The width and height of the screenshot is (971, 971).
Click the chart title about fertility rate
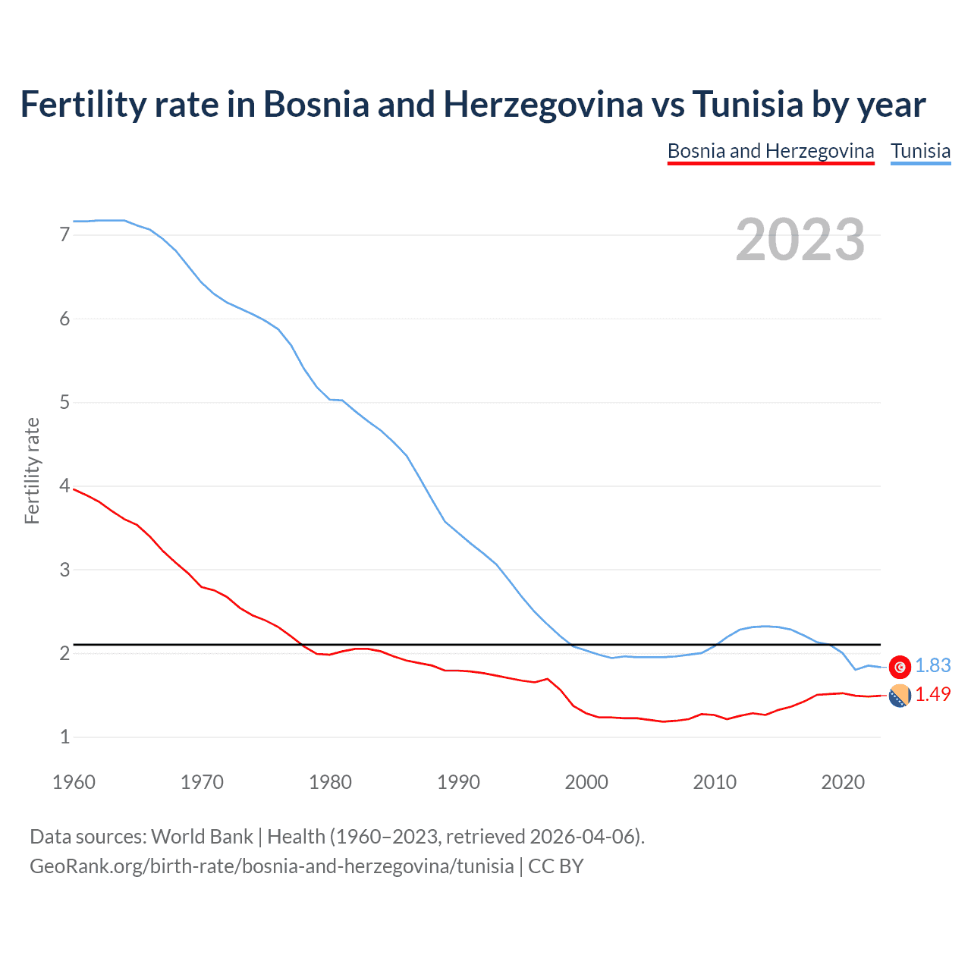[x=473, y=104]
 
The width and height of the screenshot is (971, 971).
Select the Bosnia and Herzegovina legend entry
[x=771, y=151]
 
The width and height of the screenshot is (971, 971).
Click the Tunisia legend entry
[x=920, y=151]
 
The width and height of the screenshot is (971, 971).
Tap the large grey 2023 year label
[x=800, y=240]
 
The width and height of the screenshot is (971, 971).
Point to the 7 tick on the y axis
[x=64, y=235]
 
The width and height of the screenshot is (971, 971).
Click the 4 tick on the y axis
[x=64, y=485]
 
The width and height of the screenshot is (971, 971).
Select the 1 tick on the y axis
[x=64, y=737]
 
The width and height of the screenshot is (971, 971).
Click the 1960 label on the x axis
[x=74, y=782]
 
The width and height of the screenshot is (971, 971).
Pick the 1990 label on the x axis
[x=458, y=782]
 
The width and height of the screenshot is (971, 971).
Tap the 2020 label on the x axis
[x=842, y=782]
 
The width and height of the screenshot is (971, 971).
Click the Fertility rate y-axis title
[x=32, y=470]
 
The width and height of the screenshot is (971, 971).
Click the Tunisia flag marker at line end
[x=900, y=666]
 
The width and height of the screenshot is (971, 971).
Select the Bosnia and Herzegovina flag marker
[x=900, y=695]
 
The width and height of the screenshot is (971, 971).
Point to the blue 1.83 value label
[x=932, y=665]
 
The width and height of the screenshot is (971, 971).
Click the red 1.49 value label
[x=932, y=694]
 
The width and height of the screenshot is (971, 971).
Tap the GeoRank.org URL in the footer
[x=272, y=866]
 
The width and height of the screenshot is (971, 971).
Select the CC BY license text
[x=555, y=866]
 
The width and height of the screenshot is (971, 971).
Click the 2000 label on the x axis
[x=586, y=782]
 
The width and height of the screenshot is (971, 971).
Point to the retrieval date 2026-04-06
[x=582, y=836]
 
